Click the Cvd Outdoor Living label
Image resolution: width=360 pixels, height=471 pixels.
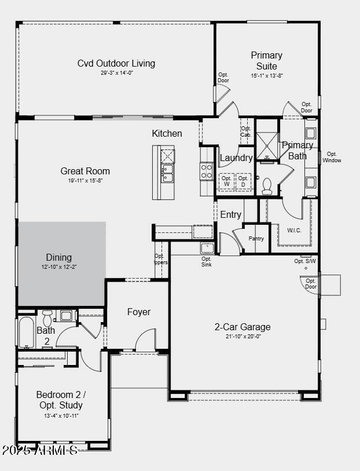tap(116, 64)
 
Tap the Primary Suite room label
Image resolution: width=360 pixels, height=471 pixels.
tap(266, 60)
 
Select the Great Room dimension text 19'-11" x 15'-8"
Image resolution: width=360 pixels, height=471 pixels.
tap(85, 181)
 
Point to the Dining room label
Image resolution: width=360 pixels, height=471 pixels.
tap(59, 257)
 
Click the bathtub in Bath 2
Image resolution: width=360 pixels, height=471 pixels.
tap(27, 333)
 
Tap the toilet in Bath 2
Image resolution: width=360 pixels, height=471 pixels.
tap(47, 317)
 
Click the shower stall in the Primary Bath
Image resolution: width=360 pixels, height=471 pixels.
tap(267, 145)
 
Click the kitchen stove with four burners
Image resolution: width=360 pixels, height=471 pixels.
tap(207, 171)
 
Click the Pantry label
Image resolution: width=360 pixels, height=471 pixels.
tap(256, 239)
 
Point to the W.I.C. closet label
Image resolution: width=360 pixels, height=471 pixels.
tap(294, 230)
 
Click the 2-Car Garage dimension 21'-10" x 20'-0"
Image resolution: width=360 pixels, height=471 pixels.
tap(243, 337)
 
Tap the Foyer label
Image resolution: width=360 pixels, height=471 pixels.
tap(139, 312)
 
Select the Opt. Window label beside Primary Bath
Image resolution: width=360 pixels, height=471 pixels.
tap(332, 157)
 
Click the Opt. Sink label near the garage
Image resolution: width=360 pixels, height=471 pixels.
tap(207, 262)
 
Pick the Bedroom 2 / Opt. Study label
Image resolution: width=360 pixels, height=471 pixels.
tap(59, 400)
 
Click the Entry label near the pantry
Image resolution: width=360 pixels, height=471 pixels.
tap(230, 215)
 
